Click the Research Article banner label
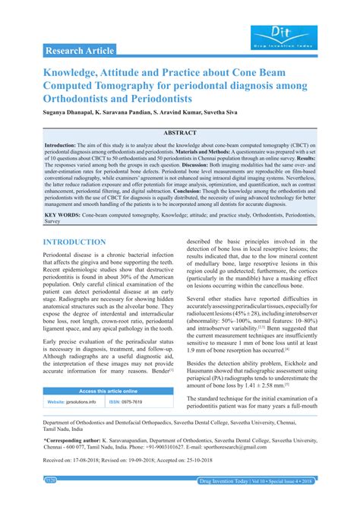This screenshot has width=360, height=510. click(80, 51)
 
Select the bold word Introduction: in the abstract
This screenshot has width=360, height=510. click(65, 144)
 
